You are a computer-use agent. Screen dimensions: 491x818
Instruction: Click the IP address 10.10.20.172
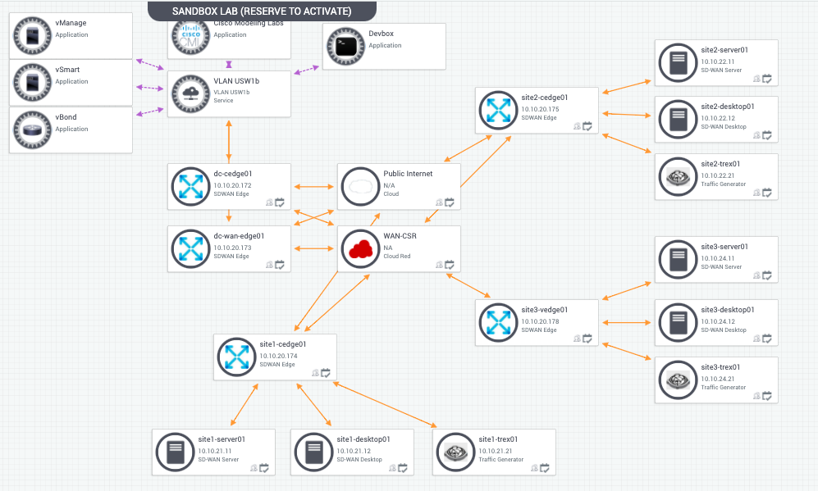click(232, 186)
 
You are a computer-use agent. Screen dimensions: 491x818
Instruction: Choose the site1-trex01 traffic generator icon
click(455, 452)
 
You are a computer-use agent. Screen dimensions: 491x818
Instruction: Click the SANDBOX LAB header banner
click(262, 11)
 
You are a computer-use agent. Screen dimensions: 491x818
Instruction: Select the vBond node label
click(66, 117)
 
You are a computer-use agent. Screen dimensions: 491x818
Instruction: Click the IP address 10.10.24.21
click(717, 379)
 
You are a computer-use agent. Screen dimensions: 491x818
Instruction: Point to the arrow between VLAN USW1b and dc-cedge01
click(228, 140)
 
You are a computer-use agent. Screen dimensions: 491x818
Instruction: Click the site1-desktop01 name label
click(363, 439)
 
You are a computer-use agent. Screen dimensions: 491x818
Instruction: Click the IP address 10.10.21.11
click(215, 451)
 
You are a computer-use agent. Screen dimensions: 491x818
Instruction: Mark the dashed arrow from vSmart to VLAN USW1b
click(152, 87)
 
